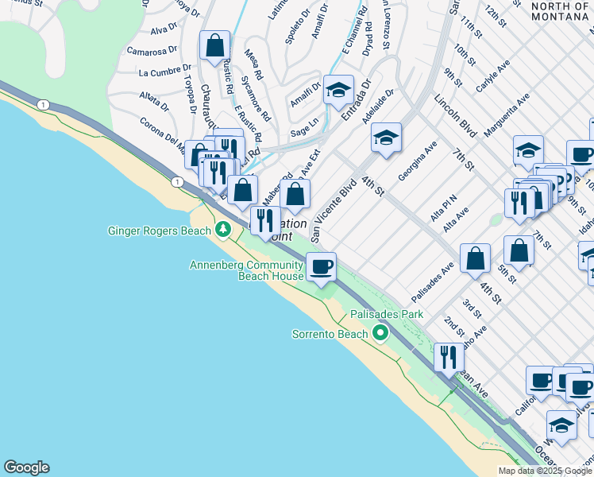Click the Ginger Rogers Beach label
tap(160, 231)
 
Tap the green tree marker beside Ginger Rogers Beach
tap(224, 231)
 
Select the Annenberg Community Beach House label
tap(246, 270)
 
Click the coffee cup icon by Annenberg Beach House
tap(321, 266)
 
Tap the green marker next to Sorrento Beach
tap(380, 333)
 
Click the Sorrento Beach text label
tap(330, 334)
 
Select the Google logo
tap(26, 467)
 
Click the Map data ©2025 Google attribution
tap(545, 471)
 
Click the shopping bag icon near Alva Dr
tap(215, 45)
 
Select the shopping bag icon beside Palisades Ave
tap(475, 257)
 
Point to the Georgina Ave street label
tap(418, 161)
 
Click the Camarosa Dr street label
tap(152, 52)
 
